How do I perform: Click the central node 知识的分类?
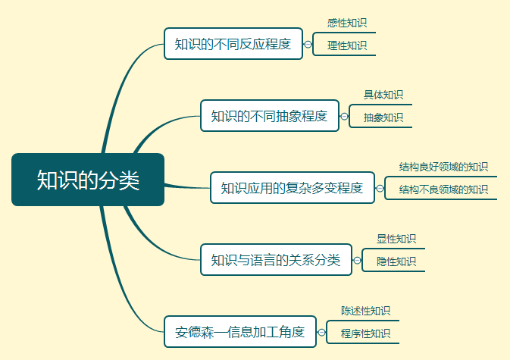[x=88, y=180]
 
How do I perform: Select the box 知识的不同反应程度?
[x=233, y=43]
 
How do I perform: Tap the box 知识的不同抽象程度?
[x=270, y=116]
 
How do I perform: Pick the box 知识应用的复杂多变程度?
[x=293, y=188]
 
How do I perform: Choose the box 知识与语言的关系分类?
[x=276, y=259]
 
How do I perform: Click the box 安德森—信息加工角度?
[x=240, y=332]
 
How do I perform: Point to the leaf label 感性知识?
[x=347, y=23]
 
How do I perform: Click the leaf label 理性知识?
[x=347, y=45]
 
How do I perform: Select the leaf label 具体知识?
[x=383, y=95]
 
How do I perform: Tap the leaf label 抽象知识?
[x=383, y=117]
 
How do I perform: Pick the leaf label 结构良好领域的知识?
[x=443, y=167]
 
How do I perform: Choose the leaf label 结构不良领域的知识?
[x=443, y=189]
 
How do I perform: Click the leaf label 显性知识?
[x=396, y=239]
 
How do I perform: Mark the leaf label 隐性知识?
[x=396, y=261]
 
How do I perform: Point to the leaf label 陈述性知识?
[x=365, y=311]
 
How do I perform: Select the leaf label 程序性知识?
[x=365, y=333]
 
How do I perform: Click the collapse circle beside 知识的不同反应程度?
[x=308, y=44]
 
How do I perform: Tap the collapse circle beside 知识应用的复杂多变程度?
[x=380, y=188]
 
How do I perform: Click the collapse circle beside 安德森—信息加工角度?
[x=321, y=333]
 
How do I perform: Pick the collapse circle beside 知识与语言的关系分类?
[x=357, y=260]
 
